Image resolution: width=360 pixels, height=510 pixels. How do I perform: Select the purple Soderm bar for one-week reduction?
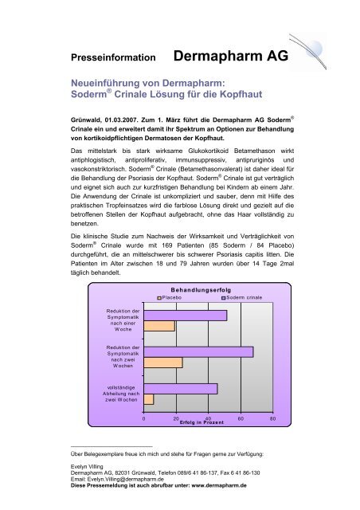186,316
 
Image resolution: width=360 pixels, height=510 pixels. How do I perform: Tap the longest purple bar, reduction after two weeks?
198,352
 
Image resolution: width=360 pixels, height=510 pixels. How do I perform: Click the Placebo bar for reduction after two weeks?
163,363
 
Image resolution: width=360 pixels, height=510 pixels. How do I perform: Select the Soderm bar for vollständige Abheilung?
181,389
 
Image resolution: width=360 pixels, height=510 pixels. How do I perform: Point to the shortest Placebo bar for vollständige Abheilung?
149,399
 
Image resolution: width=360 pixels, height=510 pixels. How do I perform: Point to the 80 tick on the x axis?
272,418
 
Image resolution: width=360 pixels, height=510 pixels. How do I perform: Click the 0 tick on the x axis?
144,418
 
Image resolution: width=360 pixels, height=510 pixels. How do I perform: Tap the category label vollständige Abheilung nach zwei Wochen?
117,394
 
